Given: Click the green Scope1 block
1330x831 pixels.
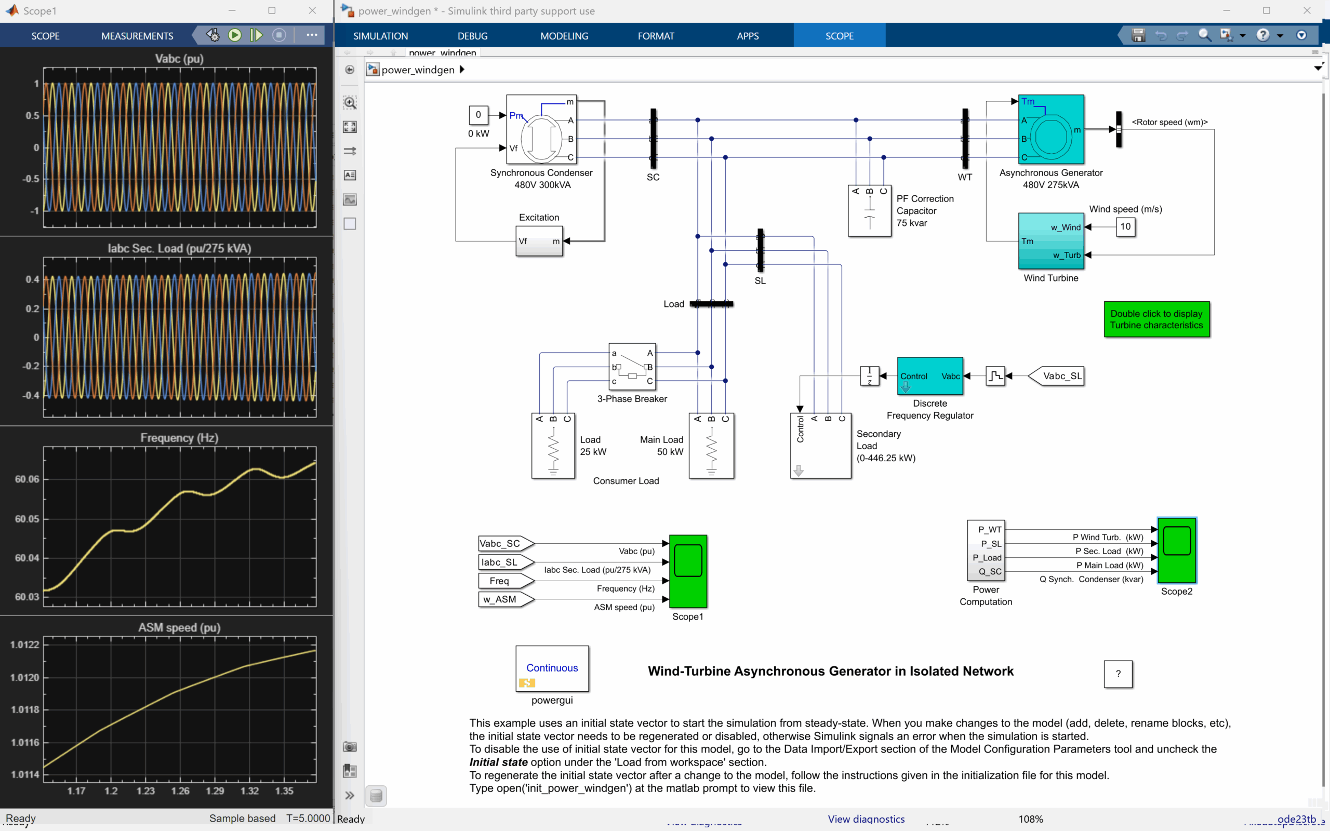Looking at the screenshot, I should tap(687, 570).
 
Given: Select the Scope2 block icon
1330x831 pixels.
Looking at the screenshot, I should tap(1176, 550).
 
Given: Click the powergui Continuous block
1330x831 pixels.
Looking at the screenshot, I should tap(552, 668).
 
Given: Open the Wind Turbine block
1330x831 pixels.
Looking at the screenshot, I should tap(1051, 240).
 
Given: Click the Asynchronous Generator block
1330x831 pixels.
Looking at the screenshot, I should tap(1051, 130).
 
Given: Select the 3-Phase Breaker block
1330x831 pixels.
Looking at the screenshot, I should tap(632, 367).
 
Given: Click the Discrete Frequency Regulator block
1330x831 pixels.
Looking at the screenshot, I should tap(930, 376).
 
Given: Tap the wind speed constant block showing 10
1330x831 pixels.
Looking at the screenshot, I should tap(1125, 226).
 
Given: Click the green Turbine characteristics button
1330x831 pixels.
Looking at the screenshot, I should tap(1156, 319).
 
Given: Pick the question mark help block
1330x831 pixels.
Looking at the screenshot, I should tap(1118, 674).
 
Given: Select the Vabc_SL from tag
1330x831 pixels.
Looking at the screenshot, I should tap(1057, 376).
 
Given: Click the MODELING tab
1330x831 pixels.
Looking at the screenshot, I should tap(564, 36).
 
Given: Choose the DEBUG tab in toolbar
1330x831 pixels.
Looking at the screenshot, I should tap(472, 36).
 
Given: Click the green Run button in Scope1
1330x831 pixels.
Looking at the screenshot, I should tap(235, 35).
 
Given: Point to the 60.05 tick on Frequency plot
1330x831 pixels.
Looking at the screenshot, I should tap(27, 519).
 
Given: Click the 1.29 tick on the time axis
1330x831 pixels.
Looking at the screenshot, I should tap(215, 791).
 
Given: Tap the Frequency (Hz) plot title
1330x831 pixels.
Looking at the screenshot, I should tap(179, 437).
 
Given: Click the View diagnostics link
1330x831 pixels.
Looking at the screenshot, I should tap(866, 819).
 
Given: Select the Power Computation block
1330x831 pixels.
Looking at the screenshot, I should tap(986, 550).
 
